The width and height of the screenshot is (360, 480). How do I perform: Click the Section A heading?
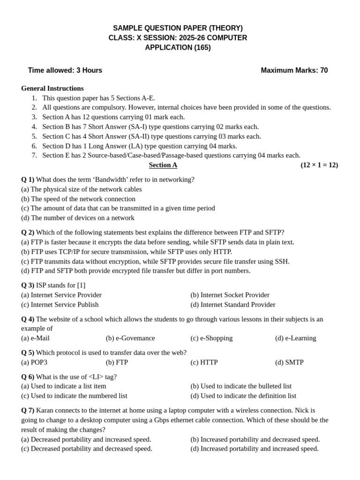(x=163, y=165)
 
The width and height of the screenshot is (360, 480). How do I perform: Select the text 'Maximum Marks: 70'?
(x=294, y=70)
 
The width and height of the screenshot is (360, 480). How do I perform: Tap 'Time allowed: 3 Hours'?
(x=65, y=70)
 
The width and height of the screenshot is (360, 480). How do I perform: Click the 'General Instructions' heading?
(x=52, y=88)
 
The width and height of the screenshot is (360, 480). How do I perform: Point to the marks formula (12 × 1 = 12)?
(x=319, y=165)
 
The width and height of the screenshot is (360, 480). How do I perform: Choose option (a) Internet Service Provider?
(x=61, y=295)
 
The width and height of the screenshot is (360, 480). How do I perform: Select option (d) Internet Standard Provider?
(x=233, y=305)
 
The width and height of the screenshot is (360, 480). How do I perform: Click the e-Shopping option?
(x=211, y=338)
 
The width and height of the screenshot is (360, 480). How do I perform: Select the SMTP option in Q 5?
(x=289, y=362)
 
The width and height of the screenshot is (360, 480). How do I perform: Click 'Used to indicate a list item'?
(x=64, y=386)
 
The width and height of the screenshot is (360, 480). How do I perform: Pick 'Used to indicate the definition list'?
(x=243, y=396)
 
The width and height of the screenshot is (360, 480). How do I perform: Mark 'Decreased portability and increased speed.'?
(x=86, y=439)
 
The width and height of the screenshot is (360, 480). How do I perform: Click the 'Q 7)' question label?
(x=28, y=410)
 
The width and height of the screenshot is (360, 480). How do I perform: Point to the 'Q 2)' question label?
(x=28, y=232)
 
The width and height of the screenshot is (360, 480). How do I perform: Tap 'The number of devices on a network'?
(x=78, y=218)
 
